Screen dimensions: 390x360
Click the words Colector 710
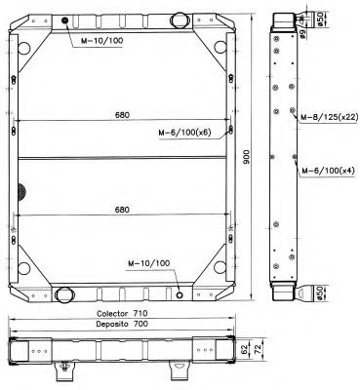[x=121, y=313]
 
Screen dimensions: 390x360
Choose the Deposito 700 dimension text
[x=121, y=323]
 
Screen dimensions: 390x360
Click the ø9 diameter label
[x=304, y=35]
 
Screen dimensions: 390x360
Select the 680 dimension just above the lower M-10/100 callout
[x=123, y=209]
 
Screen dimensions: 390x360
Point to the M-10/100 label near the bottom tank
[x=148, y=263]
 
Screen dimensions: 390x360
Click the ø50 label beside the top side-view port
[x=322, y=19]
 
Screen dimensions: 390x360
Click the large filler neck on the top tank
[x=177, y=19]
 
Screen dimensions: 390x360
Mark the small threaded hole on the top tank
[x=64, y=21]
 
